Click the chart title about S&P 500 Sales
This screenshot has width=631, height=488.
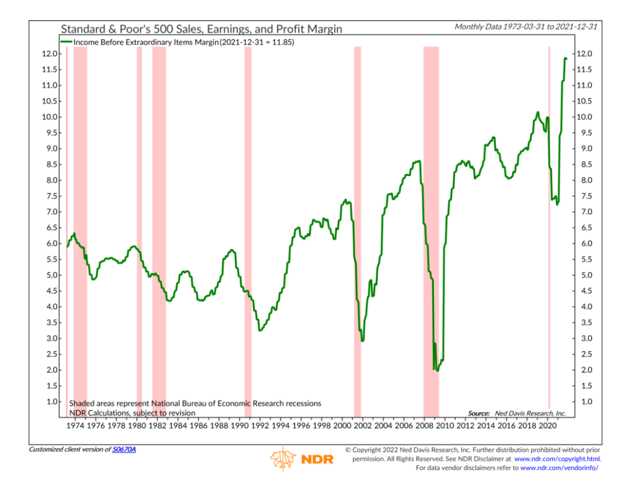click(201, 29)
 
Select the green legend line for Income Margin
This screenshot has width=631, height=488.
click(67, 41)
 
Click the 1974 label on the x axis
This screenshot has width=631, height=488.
click(75, 426)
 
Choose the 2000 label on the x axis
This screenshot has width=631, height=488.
click(341, 426)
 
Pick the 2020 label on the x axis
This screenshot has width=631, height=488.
click(548, 426)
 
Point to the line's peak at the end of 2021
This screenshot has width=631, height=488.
click(565, 58)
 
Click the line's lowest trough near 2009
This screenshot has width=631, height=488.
click(438, 370)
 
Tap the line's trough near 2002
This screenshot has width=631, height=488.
click(362, 340)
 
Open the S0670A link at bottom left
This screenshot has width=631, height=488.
click(124, 449)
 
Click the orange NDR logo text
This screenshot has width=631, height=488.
click(318, 460)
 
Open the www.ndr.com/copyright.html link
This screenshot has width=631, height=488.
click(557, 459)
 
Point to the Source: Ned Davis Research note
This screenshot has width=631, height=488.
click(516, 413)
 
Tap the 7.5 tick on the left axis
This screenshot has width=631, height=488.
click(51, 196)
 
